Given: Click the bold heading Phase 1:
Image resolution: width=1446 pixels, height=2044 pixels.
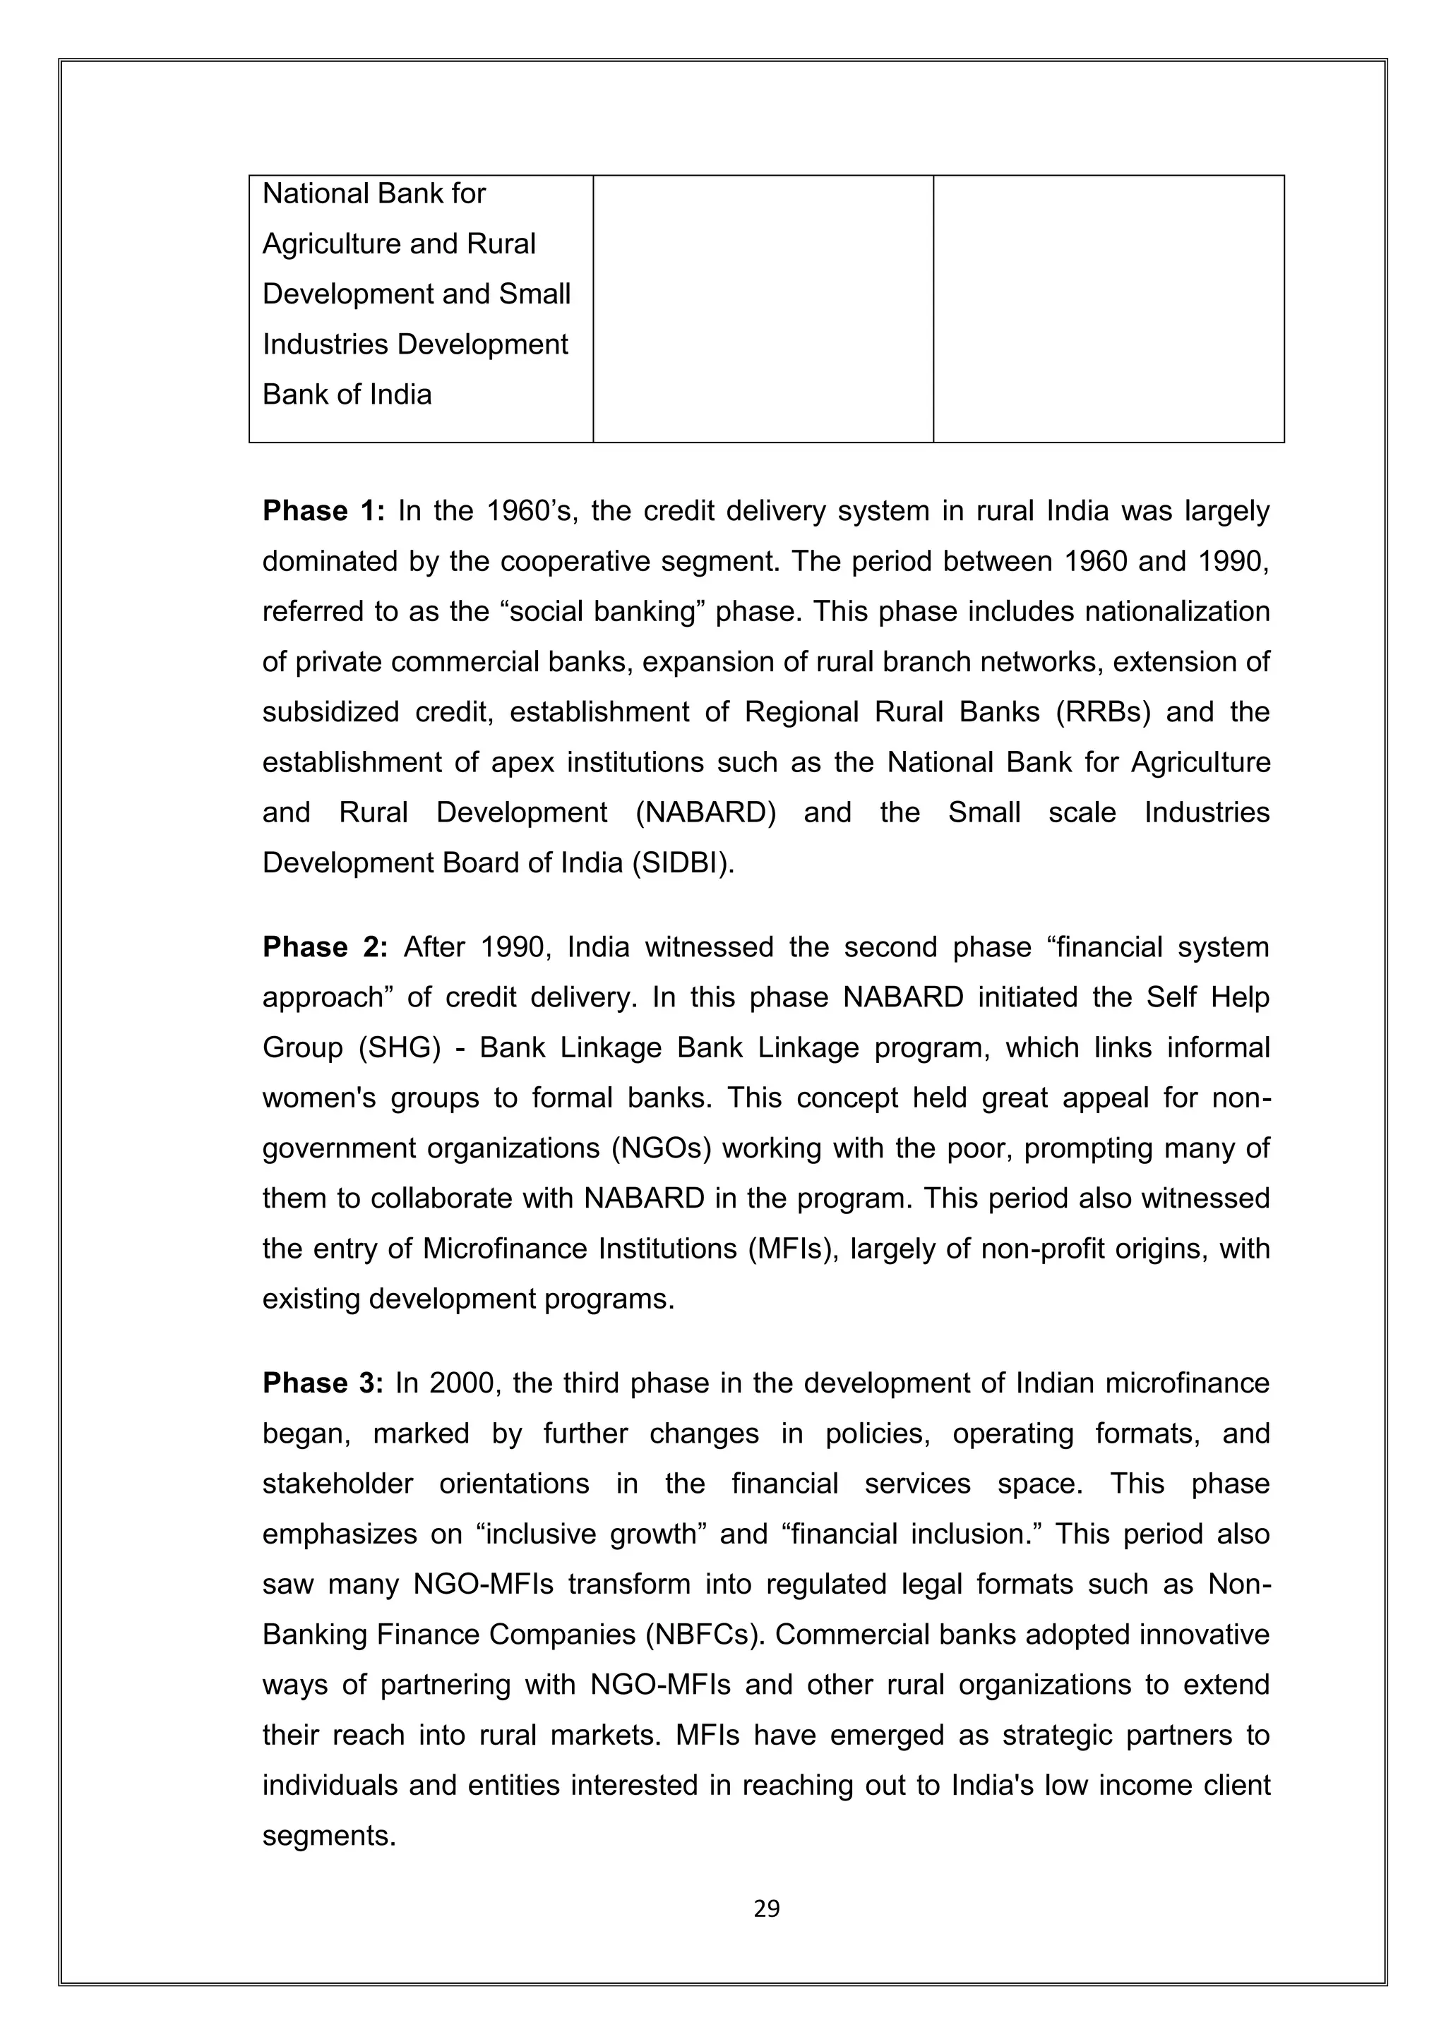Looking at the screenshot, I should pos(323,511).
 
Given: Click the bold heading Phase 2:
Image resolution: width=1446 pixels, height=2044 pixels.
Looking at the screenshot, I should pos(325,947).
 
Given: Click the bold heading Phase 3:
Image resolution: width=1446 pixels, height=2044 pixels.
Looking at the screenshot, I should pos(323,1383).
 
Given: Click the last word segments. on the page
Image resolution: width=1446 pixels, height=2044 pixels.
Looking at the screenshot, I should pos(328,1836).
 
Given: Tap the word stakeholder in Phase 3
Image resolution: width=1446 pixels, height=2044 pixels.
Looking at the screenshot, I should pos(337,1484).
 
